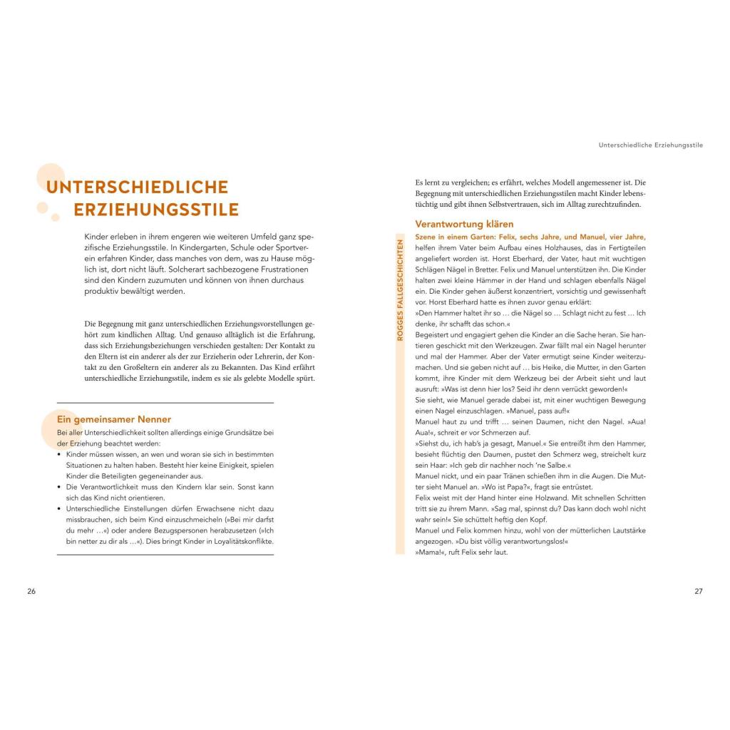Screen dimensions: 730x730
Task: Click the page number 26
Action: point(31,591)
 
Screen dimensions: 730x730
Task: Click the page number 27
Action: point(699,591)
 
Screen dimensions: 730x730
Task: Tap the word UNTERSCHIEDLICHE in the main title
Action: point(137,187)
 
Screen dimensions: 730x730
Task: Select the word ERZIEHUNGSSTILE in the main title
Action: point(156,210)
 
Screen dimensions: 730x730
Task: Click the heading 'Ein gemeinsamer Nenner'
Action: point(114,419)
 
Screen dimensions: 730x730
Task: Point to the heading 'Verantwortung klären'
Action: point(464,224)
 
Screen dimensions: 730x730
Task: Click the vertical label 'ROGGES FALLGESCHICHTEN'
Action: point(400,289)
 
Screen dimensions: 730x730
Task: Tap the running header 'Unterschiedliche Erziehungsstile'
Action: point(650,145)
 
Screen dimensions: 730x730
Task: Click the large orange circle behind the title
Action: point(51,178)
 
